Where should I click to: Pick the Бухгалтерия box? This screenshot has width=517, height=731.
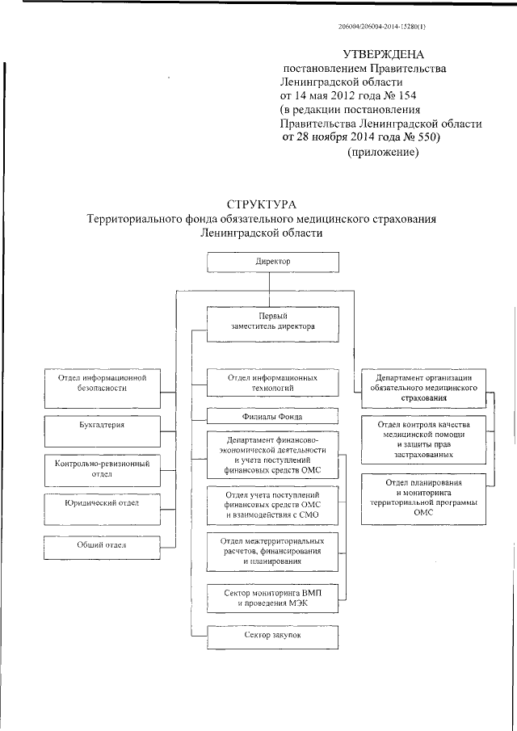(100, 425)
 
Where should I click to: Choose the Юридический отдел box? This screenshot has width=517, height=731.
(100, 505)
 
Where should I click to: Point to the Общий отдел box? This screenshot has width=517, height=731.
(100, 547)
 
